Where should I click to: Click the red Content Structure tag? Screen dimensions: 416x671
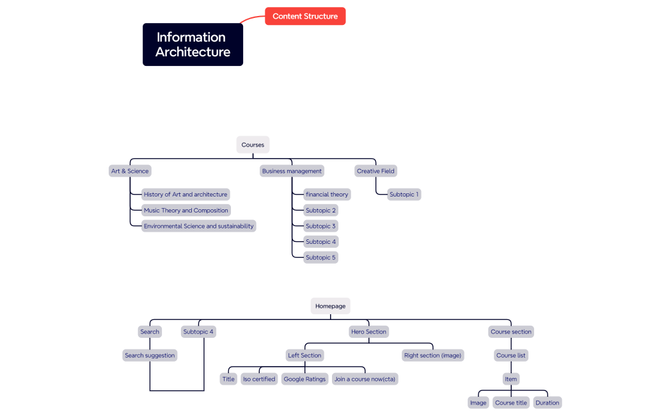305,16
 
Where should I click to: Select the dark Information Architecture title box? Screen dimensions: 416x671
193,45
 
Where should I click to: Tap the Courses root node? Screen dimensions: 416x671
253,145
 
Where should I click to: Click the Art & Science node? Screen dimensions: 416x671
130,171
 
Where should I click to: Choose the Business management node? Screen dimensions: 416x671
292,171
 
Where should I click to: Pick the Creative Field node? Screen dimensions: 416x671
375,171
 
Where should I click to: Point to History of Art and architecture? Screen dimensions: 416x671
186,195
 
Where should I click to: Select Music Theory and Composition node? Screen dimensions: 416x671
186,210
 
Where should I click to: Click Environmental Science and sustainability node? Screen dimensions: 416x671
198,226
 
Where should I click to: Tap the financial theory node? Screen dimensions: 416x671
327,195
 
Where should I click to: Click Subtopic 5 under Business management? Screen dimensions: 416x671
320,257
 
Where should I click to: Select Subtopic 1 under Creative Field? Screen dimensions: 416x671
404,195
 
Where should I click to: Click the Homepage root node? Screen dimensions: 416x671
330,306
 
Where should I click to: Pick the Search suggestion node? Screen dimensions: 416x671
150,355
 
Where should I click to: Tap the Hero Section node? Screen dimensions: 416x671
368,332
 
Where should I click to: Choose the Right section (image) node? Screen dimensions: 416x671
432,355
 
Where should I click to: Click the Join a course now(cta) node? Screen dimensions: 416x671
365,379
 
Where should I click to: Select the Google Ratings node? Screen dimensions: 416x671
304,379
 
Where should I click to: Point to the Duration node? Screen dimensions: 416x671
547,403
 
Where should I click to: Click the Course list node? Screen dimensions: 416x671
511,355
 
